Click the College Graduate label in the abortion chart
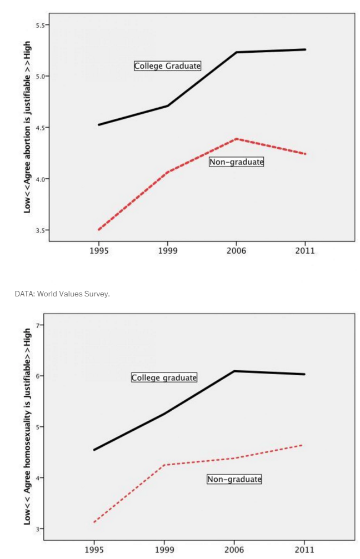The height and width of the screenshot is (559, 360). pos(167,66)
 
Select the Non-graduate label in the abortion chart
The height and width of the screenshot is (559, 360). pos(236,162)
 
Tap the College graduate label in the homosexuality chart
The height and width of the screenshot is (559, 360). pos(164,377)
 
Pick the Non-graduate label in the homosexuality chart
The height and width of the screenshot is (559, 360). pos(234,479)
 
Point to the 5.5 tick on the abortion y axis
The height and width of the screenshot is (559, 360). pos(40,25)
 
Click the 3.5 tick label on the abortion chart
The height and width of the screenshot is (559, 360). pos(40,230)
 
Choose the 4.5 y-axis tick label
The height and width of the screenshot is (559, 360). pos(40,128)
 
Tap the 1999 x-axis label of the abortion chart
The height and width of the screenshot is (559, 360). pos(167,251)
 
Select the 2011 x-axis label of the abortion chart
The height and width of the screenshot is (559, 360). pos(305,251)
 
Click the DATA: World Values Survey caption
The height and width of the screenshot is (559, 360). pos(62,294)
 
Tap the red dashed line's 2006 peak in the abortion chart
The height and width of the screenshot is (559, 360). pos(237,139)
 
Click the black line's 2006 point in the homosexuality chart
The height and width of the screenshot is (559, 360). pos(236,371)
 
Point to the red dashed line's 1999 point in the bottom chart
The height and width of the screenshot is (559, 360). pos(164,465)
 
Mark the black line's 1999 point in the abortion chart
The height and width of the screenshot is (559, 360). pos(167,105)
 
